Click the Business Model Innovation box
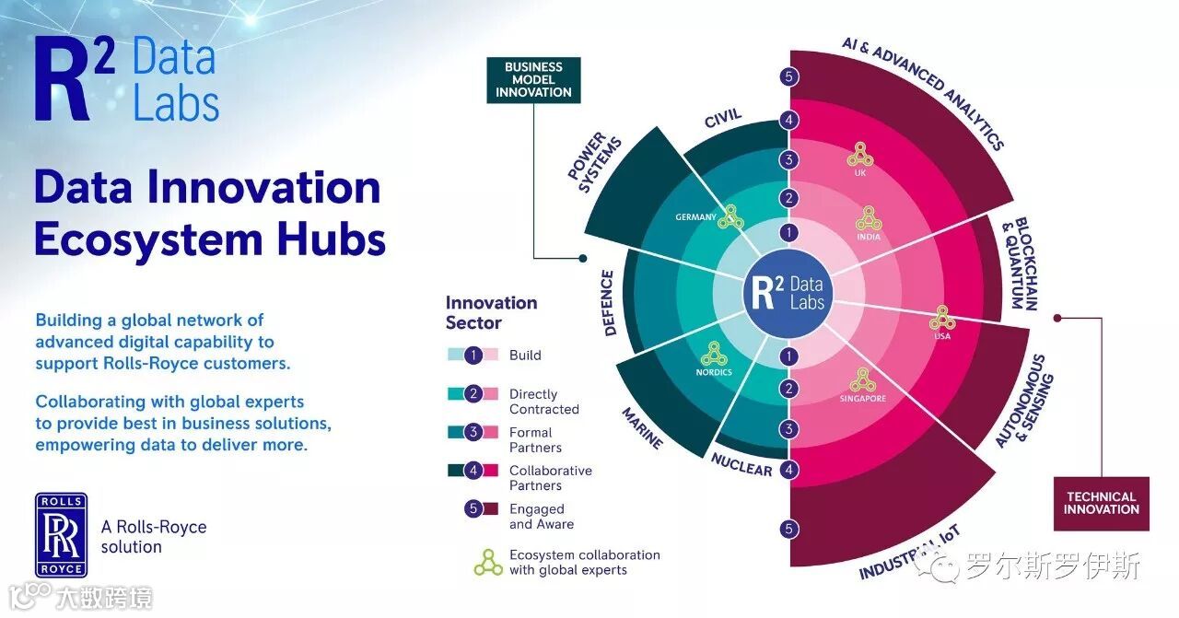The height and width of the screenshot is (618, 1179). pos(533,80)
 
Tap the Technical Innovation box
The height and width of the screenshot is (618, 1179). pos(1102,503)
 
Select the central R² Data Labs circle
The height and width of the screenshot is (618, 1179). pos(788,293)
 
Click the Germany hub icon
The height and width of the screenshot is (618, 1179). pos(731,216)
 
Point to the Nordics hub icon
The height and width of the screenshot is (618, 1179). pos(713,354)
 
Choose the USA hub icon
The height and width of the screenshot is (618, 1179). pos(940,318)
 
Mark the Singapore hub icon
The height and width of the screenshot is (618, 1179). pos(862,379)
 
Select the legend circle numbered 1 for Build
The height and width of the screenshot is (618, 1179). pos(473,355)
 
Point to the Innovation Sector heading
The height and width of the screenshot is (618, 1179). pos(491,312)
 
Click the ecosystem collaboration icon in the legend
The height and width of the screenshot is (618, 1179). pos(488,562)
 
